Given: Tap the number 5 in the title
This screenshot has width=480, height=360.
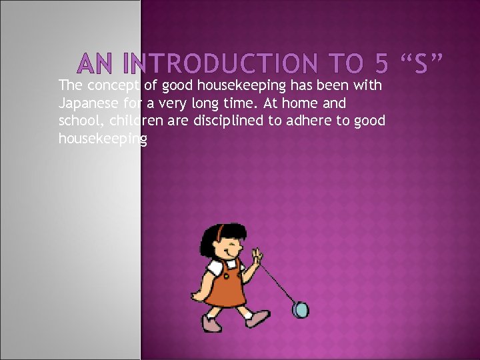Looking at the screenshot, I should (381, 63).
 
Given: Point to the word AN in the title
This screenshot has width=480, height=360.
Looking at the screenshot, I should (96, 64).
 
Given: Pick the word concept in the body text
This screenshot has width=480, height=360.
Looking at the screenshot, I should (113, 85).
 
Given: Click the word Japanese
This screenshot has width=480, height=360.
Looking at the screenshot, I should (87, 103).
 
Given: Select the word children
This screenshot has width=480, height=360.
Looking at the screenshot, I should (133, 121).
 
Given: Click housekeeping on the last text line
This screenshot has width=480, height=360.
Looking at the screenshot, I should (103, 139).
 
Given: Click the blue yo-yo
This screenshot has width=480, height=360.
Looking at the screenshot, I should (301, 310).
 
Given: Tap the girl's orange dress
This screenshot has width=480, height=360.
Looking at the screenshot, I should (225, 287).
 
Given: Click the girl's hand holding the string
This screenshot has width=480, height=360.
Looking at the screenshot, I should (257, 256).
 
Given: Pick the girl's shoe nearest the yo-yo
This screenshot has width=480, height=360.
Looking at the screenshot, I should (257, 318).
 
